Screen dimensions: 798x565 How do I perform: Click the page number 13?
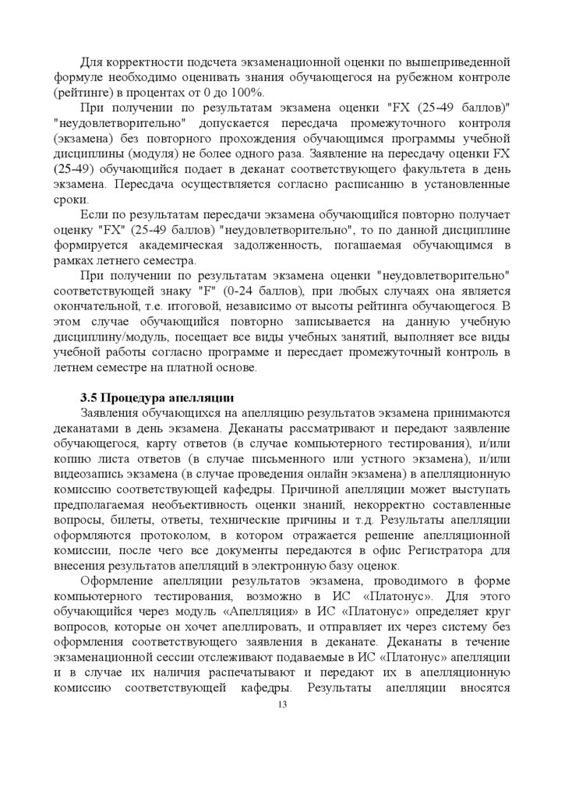pos(282,705)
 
